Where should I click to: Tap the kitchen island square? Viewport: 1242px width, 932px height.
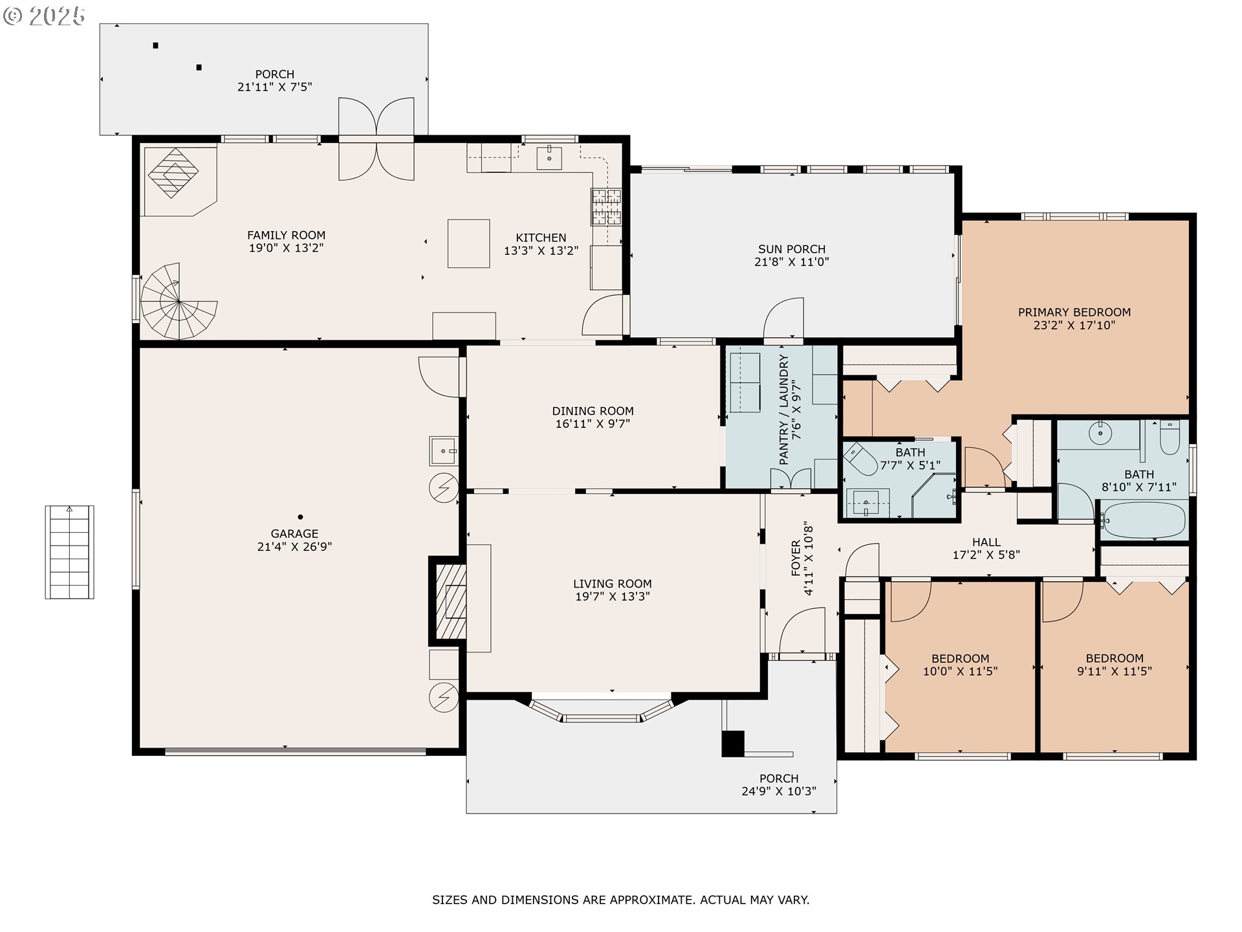point(468,243)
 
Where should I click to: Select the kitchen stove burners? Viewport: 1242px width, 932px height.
point(605,206)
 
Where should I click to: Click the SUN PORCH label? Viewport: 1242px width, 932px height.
point(792,249)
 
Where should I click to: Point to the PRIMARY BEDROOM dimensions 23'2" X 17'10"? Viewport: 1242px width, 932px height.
point(1074,326)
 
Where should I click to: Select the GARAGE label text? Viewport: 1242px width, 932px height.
point(294,534)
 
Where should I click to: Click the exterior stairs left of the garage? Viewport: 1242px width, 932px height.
point(69,552)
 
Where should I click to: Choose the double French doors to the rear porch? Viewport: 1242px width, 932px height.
point(376,139)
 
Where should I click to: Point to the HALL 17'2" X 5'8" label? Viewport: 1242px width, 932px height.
point(986,548)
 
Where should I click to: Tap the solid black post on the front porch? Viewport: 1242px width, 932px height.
point(733,743)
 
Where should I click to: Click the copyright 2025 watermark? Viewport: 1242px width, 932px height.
point(44,16)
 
